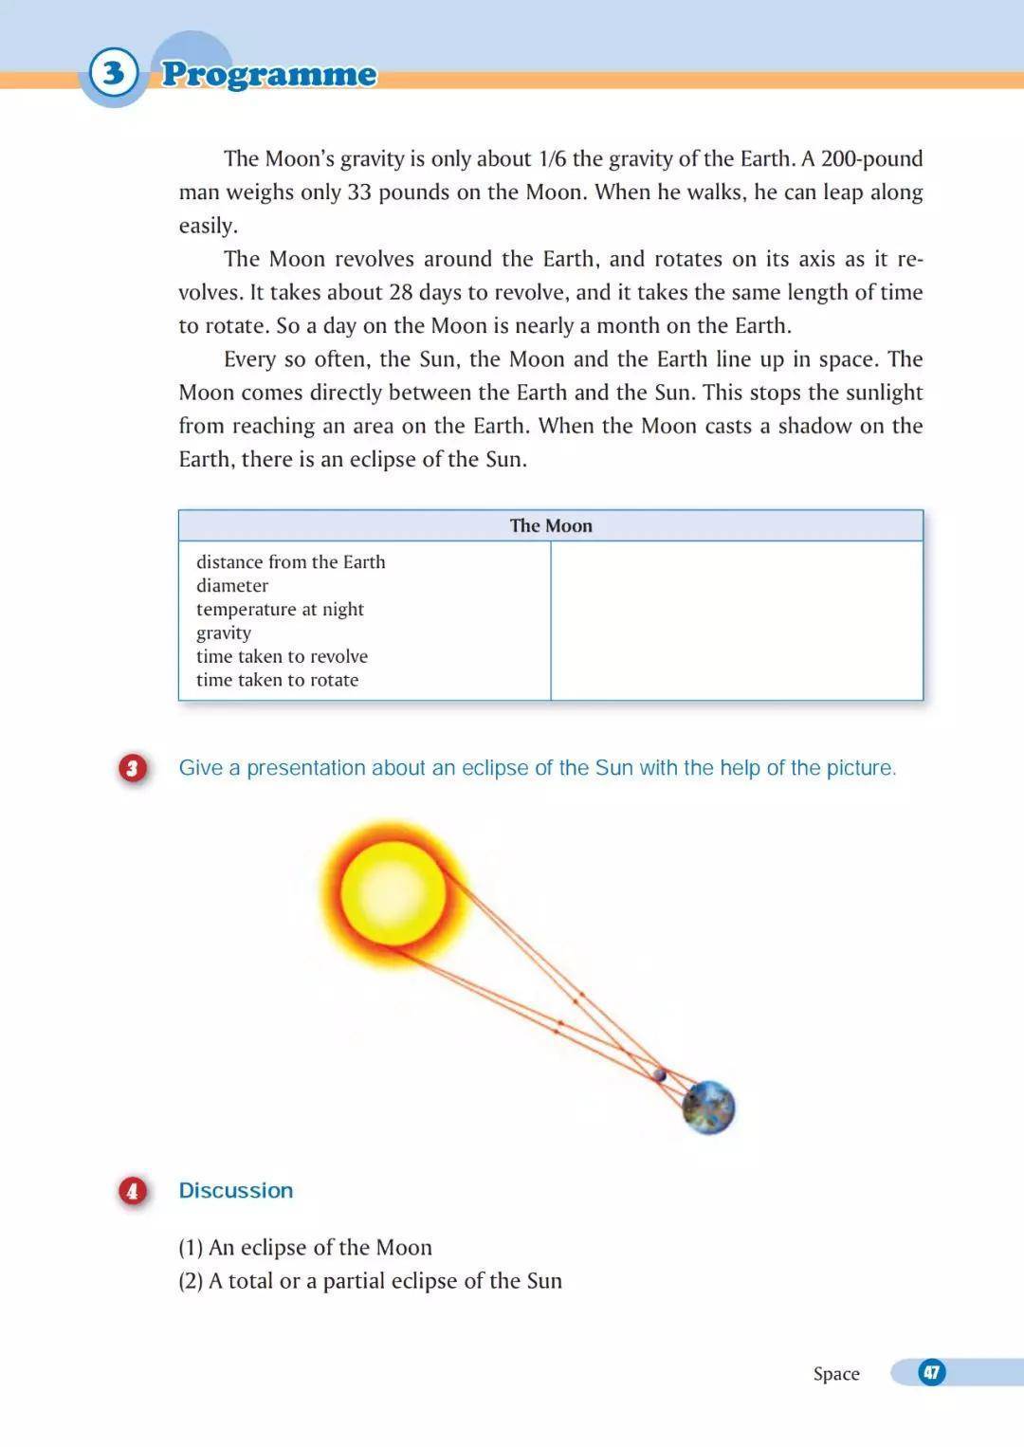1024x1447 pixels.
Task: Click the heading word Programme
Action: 268,74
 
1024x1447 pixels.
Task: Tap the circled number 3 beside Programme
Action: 114,72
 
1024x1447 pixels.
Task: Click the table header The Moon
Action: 551,525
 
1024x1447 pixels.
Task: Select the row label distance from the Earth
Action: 290,561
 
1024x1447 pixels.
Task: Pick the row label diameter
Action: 232,585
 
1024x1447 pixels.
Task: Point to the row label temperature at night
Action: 280,609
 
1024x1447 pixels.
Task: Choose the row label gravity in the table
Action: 224,632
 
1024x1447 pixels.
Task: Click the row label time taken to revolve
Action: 282,656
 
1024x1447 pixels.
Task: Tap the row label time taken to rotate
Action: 277,680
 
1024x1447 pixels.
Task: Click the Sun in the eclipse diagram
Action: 393,891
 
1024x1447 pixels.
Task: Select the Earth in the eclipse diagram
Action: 709,1107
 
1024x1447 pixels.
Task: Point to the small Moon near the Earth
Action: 660,1075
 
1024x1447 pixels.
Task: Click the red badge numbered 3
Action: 133,768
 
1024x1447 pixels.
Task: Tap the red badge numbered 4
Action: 133,1190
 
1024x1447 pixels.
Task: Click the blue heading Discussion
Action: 236,1190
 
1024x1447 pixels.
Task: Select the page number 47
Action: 932,1372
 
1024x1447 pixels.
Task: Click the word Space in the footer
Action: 836,1373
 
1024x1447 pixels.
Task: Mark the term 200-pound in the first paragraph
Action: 871,158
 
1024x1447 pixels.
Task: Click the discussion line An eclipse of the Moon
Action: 320,1247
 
